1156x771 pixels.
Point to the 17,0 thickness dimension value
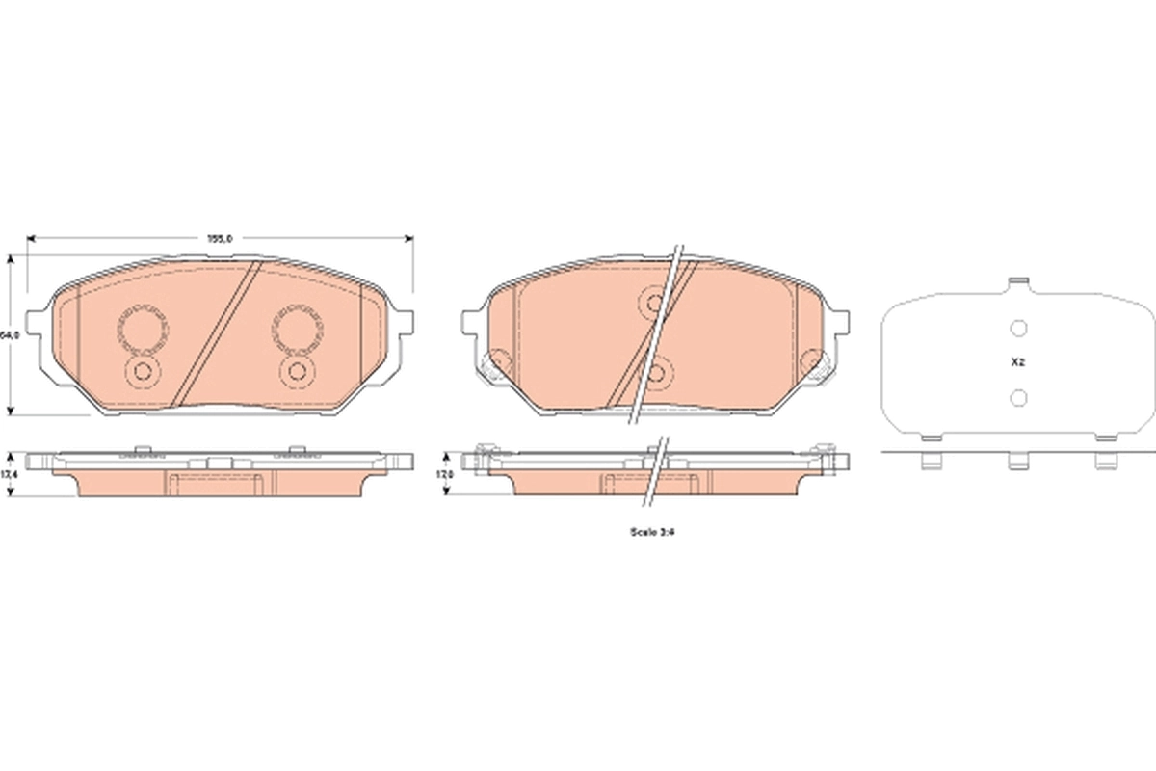pos(446,474)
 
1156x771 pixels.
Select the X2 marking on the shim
pos(1017,363)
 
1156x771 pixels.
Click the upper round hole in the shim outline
pos(1018,330)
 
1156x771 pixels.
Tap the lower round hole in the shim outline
pos(1018,396)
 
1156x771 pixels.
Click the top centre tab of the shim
pos(1018,283)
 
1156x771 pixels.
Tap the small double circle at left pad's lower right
pos(297,372)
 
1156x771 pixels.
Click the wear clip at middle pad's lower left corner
pos(493,364)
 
